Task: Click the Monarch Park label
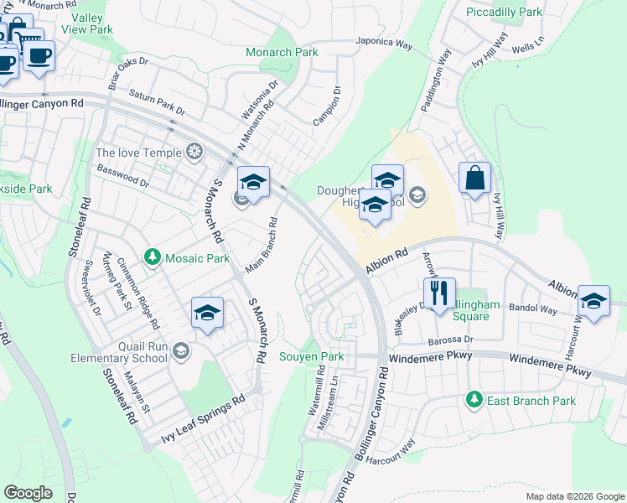(282, 52)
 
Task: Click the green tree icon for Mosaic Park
(153, 257)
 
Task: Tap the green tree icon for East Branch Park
(474, 400)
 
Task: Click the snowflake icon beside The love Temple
(194, 152)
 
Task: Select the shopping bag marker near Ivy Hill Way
(474, 179)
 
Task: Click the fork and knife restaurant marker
(439, 294)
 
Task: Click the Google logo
(28, 493)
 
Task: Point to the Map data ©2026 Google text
(574, 496)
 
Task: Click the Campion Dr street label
(327, 106)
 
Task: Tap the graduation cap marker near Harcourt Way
(593, 303)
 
